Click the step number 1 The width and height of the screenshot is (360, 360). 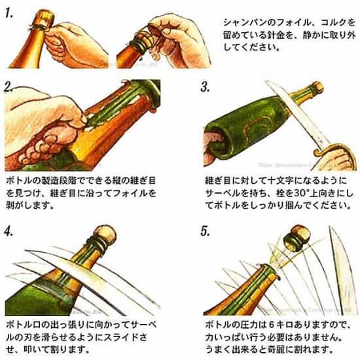[x=9, y=13]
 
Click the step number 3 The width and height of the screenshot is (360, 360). [x=205, y=87]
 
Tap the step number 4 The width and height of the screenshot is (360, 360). [x=9, y=230]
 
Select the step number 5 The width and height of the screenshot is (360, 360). [x=205, y=231]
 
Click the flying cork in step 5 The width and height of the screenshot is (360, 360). [x=297, y=238]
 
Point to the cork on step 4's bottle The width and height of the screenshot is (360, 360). [x=105, y=236]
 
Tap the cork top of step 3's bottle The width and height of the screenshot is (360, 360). [x=317, y=88]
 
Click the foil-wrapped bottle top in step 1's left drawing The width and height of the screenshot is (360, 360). [x=45, y=20]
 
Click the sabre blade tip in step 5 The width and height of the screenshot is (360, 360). [x=330, y=228]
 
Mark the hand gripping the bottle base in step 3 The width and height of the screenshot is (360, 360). [x=213, y=147]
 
